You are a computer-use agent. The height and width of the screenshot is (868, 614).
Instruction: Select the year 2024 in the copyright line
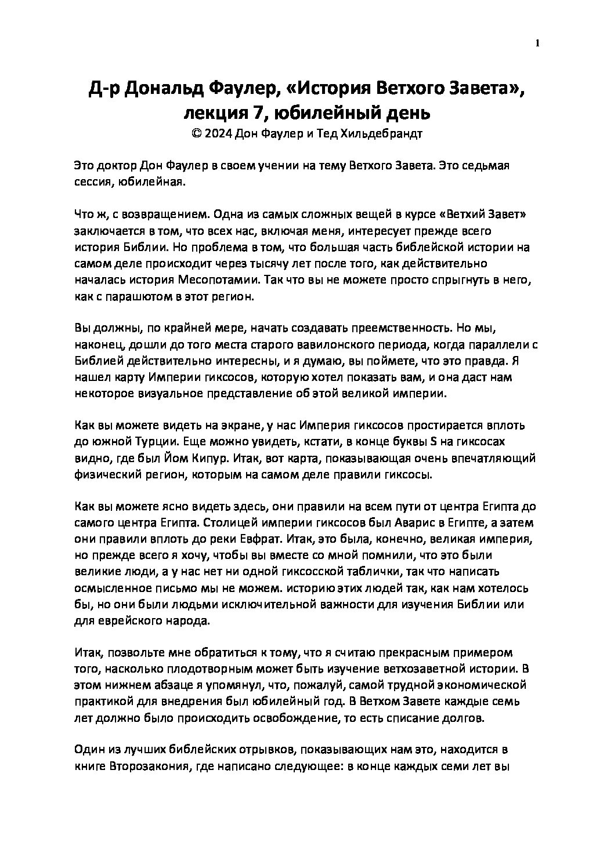coord(219,133)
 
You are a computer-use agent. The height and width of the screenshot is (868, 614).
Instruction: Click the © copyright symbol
coord(195,133)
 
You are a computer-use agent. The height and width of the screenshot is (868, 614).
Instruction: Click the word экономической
coord(481,685)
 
